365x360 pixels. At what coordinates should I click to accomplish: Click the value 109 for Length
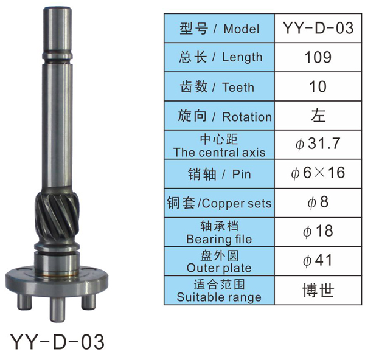coord(318,57)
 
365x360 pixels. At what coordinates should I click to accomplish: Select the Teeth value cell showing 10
coord(318,86)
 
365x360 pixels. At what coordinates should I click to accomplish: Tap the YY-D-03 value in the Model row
coord(318,28)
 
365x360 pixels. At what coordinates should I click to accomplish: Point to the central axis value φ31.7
coord(318,144)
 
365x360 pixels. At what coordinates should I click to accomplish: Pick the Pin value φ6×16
coord(318,173)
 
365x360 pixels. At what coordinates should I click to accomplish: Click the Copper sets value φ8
coord(318,202)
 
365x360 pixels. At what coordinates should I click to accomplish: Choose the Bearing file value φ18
coord(318,231)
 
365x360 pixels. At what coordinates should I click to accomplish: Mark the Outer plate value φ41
coord(318,260)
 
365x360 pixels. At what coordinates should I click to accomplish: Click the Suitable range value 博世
coord(318,290)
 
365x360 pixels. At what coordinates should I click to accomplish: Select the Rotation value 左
coord(318,116)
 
